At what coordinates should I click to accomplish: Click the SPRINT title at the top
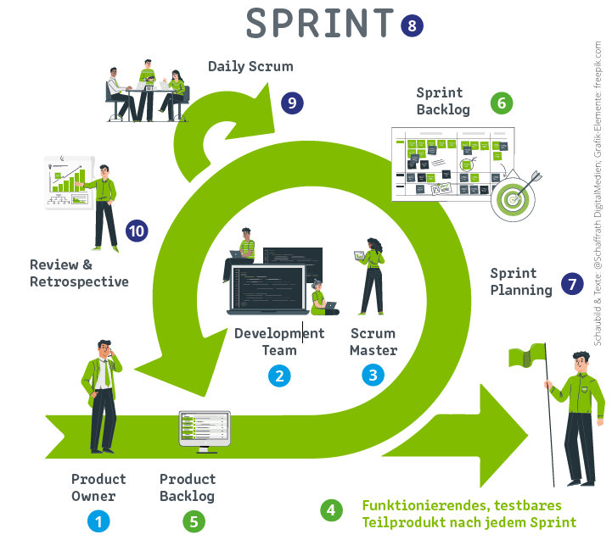pyautogui.click(x=321, y=24)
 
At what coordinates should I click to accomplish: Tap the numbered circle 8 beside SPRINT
pyautogui.click(x=412, y=25)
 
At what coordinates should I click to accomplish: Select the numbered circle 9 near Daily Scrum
pyautogui.click(x=292, y=103)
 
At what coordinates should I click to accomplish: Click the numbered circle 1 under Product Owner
pyautogui.click(x=98, y=521)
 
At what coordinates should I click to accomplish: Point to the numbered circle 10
pyautogui.click(x=137, y=231)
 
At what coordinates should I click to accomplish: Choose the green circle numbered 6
pyautogui.click(x=503, y=103)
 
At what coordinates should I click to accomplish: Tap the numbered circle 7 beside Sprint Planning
pyautogui.click(x=575, y=284)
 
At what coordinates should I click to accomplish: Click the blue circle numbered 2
pyautogui.click(x=278, y=374)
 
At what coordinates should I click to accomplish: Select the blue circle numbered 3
pyautogui.click(x=373, y=374)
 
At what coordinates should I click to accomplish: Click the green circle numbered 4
pyautogui.click(x=332, y=510)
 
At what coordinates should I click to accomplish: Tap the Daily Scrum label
pyautogui.click(x=250, y=66)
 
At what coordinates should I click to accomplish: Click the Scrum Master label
pyautogui.click(x=373, y=341)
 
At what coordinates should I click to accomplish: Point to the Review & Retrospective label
pyautogui.click(x=79, y=273)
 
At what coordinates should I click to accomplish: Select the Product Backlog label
pyautogui.click(x=188, y=487)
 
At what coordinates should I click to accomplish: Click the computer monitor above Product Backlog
pyautogui.click(x=204, y=428)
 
